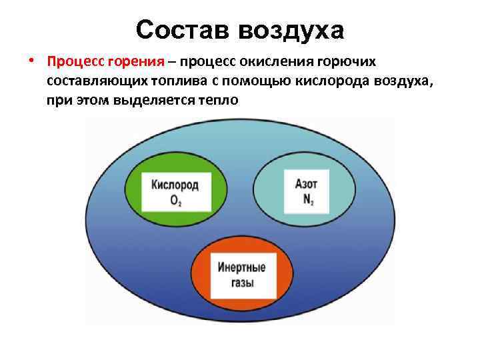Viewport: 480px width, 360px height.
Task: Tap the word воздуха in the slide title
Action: [x=291, y=29]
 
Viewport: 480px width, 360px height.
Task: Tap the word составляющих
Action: [x=90, y=81]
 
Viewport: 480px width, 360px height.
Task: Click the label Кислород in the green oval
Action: [x=175, y=185]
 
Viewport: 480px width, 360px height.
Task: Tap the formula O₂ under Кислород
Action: [x=175, y=199]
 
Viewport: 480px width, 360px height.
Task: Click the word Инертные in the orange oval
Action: [x=241, y=268]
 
